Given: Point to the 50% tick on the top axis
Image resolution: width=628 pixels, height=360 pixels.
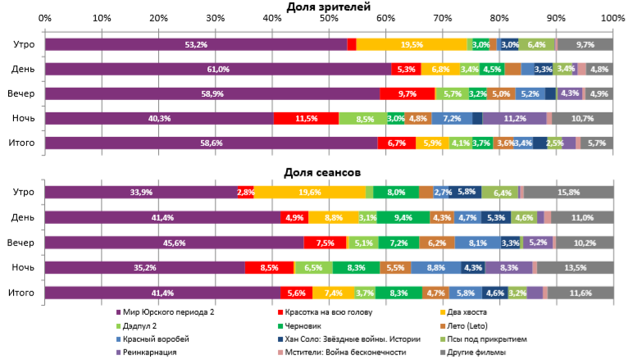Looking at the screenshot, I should coord(329,17).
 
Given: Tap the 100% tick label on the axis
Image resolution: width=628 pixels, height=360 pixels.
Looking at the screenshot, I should coord(612,17).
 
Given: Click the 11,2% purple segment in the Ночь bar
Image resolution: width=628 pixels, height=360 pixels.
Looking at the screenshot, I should coord(514,118).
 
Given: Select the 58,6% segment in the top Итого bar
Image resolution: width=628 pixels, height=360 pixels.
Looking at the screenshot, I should coord(211,143).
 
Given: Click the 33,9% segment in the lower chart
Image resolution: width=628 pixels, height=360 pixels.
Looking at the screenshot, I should coord(140,192).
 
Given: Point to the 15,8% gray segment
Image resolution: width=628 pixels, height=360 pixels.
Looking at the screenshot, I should coord(568,192).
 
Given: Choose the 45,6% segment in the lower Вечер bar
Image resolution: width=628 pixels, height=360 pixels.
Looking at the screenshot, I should coord(174,243).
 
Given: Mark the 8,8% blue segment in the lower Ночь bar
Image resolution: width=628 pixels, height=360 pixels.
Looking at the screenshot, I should coord(436,267).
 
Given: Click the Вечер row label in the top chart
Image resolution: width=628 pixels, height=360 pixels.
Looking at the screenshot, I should coord(23,93).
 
